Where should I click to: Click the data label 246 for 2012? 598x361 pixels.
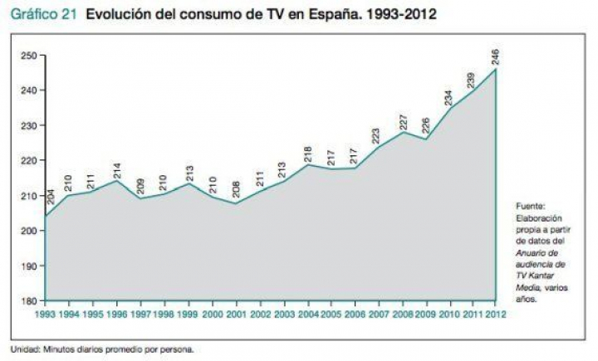click(496, 57)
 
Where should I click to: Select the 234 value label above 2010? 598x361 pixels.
click(448, 98)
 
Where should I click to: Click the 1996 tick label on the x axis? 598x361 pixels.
click(117, 315)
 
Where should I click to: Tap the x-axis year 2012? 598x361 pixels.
click(495, 315)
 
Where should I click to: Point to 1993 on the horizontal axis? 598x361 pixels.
click(47, 315)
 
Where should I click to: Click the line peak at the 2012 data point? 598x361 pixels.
click(496, 70)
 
